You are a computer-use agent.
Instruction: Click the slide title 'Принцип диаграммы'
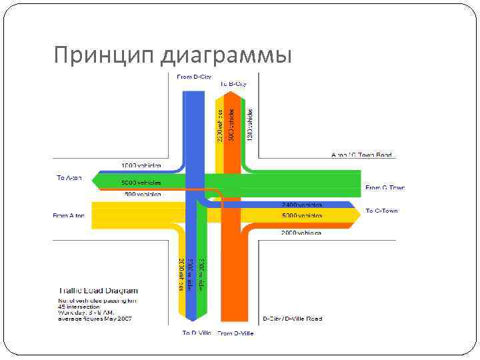coord(173,55)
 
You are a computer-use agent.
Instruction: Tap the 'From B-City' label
coord(194,77)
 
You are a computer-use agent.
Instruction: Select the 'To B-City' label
coord(233,84)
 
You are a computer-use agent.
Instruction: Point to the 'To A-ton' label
coord(69,178)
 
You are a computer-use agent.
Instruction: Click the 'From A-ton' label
coord(69,215)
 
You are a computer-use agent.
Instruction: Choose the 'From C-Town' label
coord(385,188)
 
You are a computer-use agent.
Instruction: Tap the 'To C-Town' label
coord(381,211)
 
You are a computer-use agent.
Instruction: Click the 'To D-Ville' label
coord(197,332)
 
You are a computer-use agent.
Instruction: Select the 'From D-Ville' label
coord(235,333)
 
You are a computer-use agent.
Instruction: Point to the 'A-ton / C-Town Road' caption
coord(361,155)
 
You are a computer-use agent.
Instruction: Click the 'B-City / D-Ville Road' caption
coord(292,319)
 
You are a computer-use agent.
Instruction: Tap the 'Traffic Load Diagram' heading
coord(98,291)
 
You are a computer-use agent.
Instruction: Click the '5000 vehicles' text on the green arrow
coord(141,182)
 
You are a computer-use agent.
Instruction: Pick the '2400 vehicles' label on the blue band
coord(302,205)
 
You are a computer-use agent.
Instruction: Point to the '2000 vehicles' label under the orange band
coord(302,233)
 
